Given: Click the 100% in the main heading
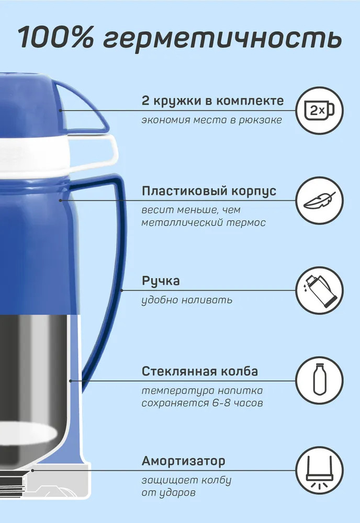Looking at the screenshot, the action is coord(55,37).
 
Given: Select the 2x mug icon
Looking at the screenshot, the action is coord(319,110).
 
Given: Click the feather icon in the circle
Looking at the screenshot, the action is coord(319,200).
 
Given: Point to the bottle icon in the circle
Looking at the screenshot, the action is coord(319,381).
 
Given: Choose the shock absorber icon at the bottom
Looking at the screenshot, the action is coord(319,470).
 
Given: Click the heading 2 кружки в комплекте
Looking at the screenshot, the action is coord(212,101).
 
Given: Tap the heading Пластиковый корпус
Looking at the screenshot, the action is coord(209,191).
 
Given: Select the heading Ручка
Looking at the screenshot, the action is coord(161,281).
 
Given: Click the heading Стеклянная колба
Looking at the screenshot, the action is coord(199,371).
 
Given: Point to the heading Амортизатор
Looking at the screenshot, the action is coord(184,461).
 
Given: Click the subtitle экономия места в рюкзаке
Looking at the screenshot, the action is coord(212,120).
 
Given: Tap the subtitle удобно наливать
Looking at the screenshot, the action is coord(187,300).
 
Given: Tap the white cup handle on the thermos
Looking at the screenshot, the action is coord(100,152).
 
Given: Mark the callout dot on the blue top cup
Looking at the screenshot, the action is coord(60,110).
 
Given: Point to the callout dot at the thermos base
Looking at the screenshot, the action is coord(32,470).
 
